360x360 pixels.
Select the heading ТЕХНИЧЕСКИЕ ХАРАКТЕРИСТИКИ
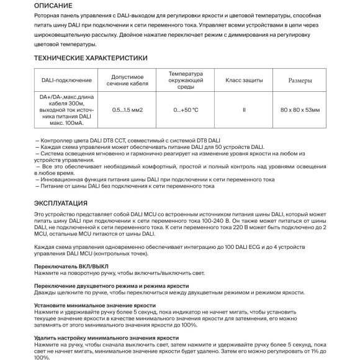91,58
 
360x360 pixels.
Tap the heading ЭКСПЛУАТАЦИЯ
61,203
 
